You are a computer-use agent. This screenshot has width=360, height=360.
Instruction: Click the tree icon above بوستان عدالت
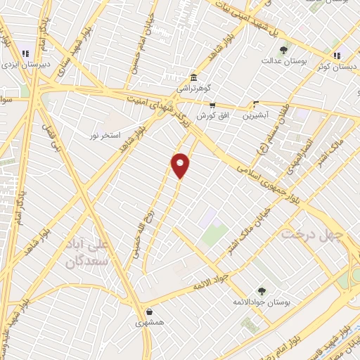click(x=283, y=50)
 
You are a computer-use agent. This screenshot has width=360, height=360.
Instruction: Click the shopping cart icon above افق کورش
click(x=212, y=104)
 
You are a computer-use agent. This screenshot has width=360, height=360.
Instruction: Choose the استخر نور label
click(x=106, y=134)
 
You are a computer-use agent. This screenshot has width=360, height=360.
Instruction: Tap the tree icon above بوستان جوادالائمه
click(x=262, y=290)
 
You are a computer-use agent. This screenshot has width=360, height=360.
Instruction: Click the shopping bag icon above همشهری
click(x=149, y=312)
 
